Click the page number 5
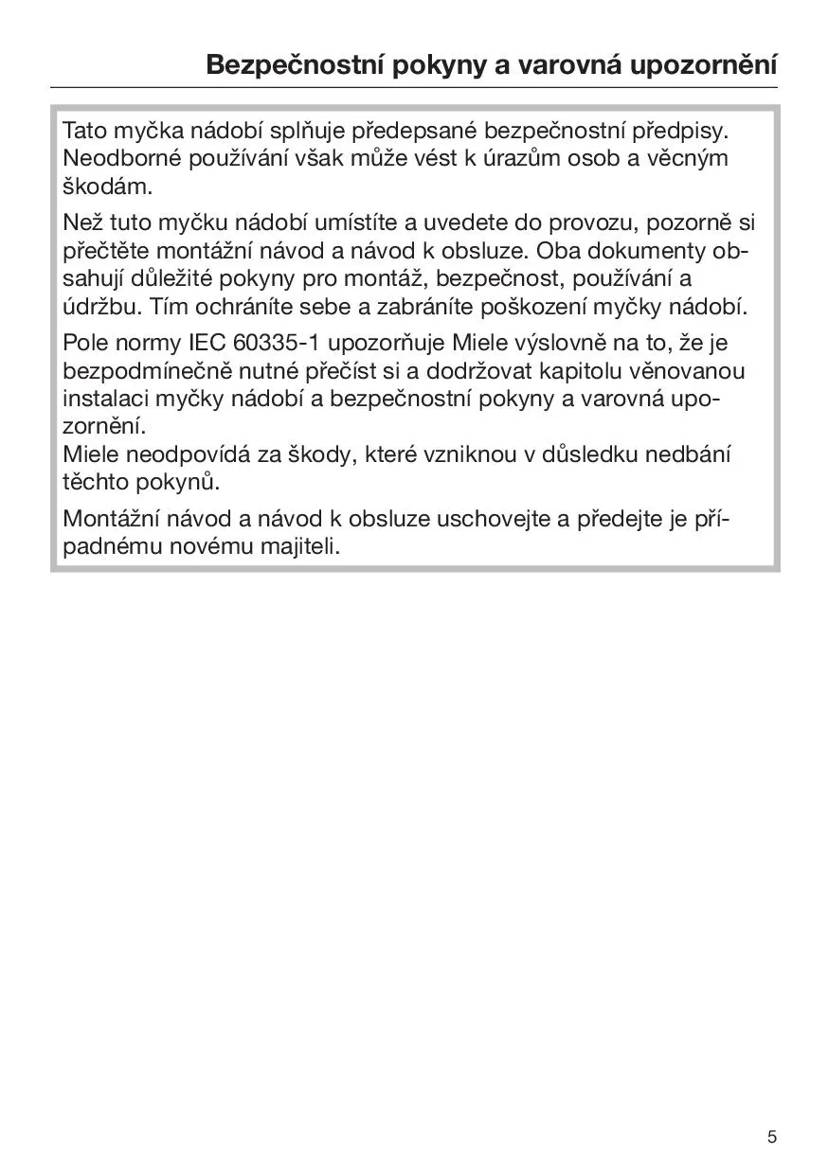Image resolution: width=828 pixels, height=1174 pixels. (x=772, y=1137)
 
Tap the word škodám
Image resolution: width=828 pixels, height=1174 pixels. (x=107, y=186)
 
